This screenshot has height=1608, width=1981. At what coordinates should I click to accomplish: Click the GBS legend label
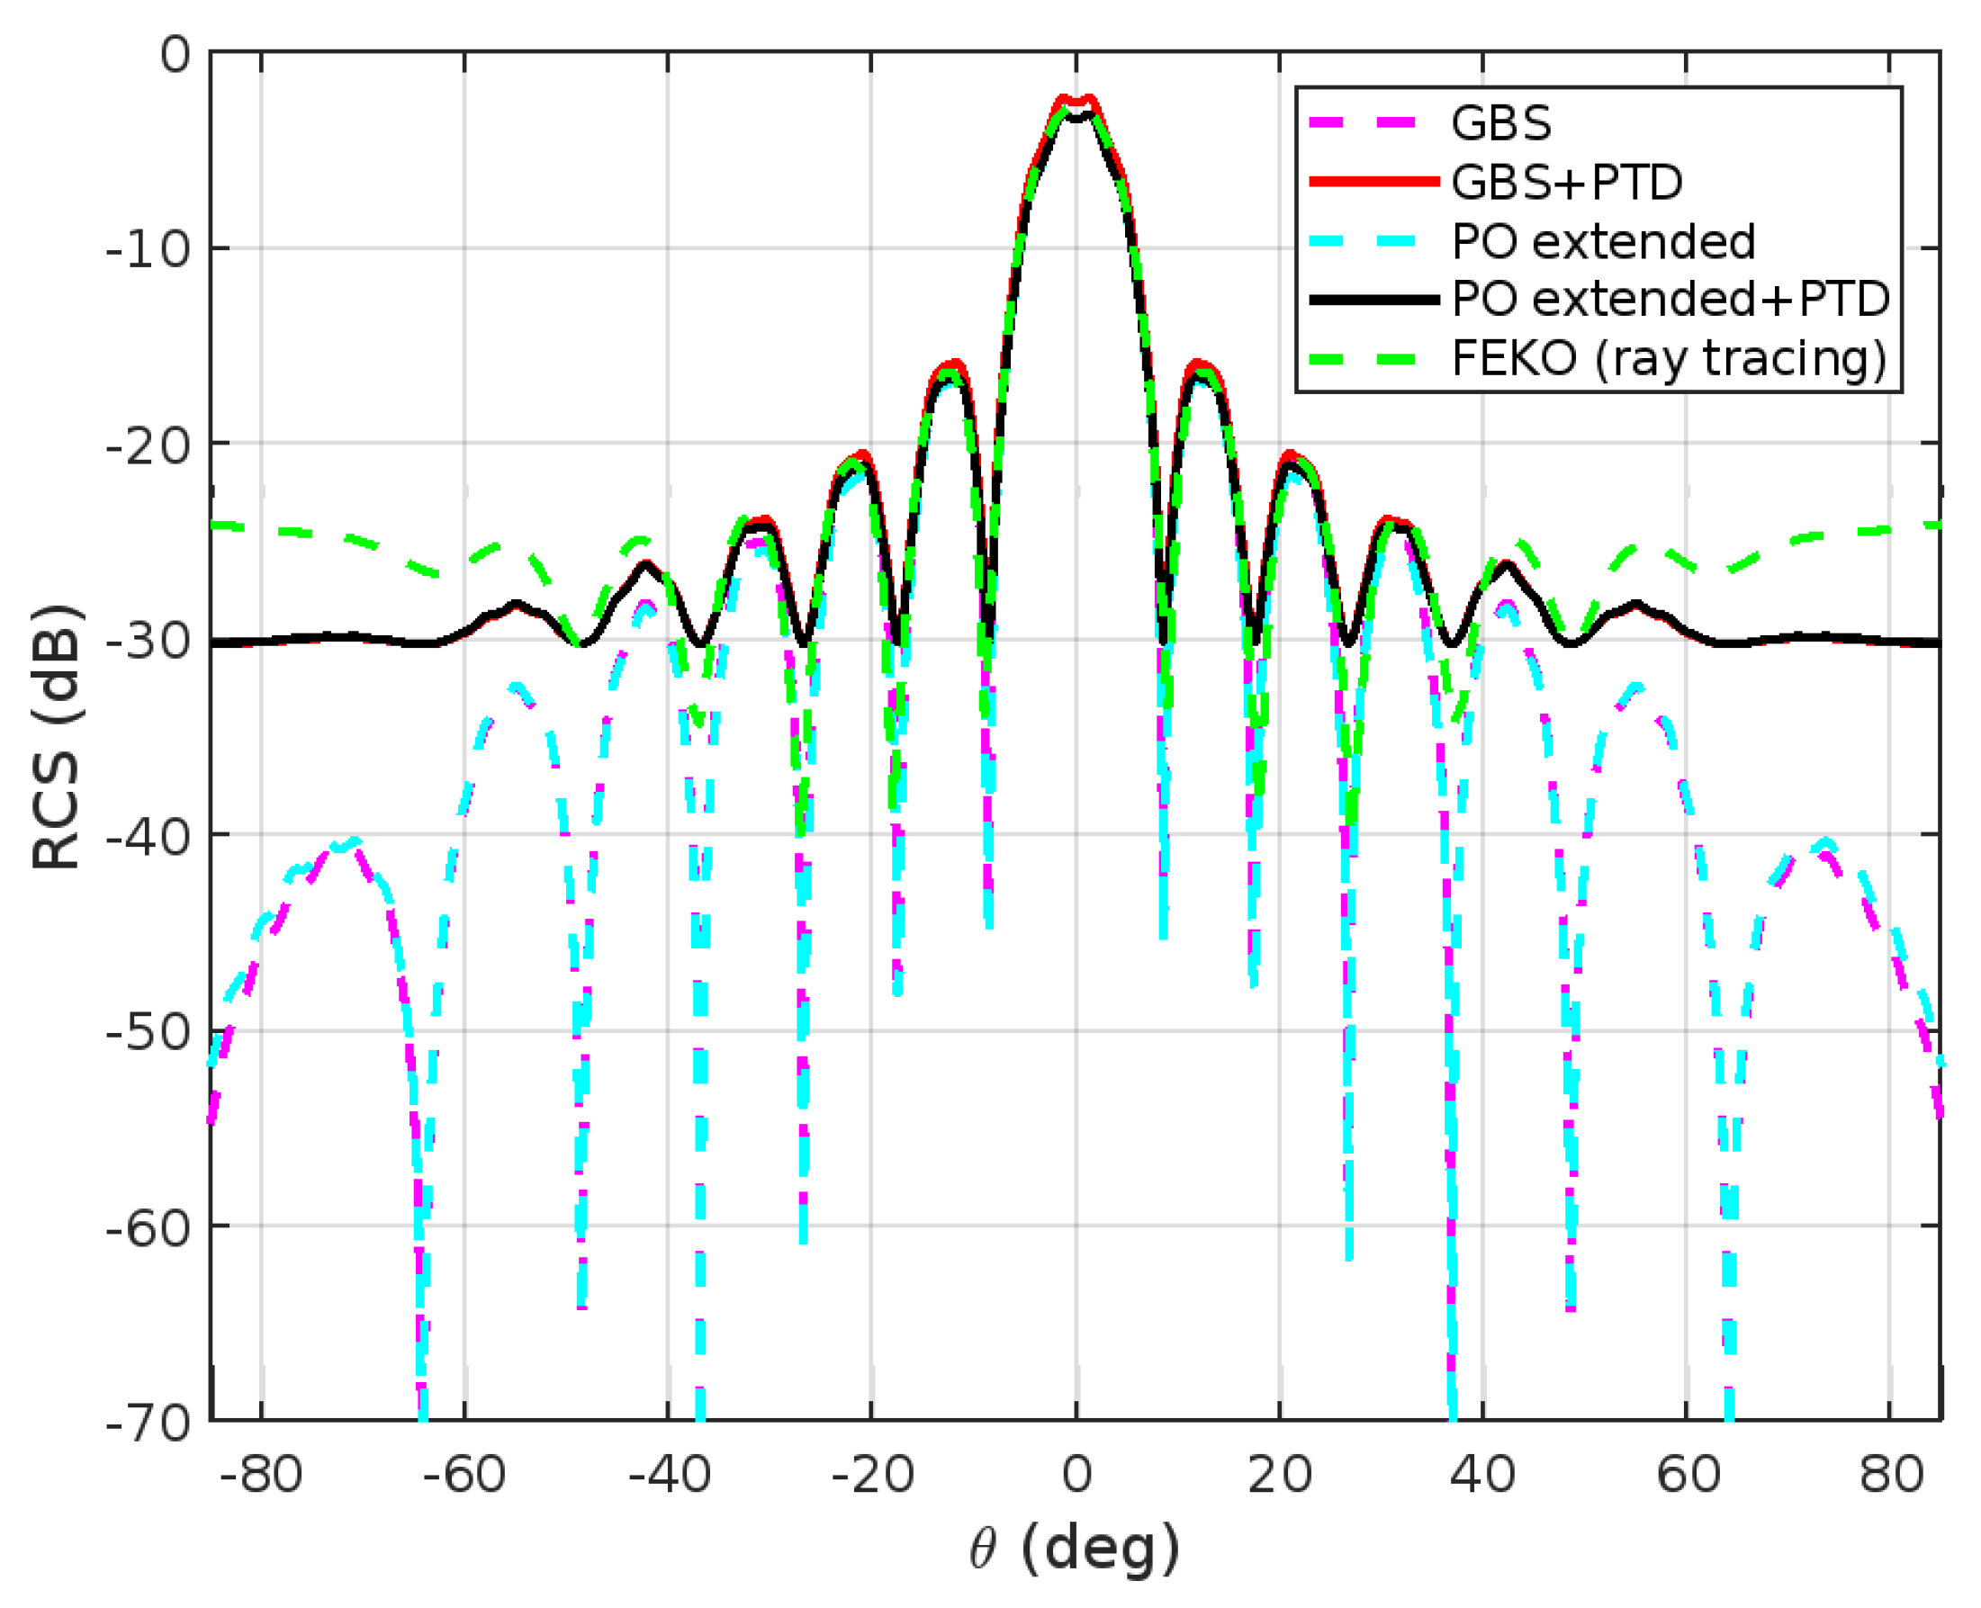1500,123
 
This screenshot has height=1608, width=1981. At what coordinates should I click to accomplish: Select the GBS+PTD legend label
1566,183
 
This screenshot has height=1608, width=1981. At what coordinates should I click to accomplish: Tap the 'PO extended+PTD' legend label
1670,299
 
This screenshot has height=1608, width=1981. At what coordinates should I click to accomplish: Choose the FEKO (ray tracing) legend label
1669,358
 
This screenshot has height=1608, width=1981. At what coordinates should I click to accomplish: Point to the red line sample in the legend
1373,183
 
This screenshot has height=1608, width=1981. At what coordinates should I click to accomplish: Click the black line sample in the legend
1373,299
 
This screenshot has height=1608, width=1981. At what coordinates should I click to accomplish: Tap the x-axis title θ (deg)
1074,1548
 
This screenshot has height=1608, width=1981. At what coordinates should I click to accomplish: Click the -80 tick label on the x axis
260,1474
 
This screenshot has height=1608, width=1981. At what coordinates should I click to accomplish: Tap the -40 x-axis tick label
668,1474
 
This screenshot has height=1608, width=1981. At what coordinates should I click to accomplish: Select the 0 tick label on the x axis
1076,1474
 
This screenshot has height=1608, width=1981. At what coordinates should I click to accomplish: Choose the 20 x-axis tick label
1280,1474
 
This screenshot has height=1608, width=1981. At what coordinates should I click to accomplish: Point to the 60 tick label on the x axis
1688,1474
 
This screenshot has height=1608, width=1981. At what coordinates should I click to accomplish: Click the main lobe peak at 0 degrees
1076,102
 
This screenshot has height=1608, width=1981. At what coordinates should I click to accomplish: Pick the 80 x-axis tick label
1891,1474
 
